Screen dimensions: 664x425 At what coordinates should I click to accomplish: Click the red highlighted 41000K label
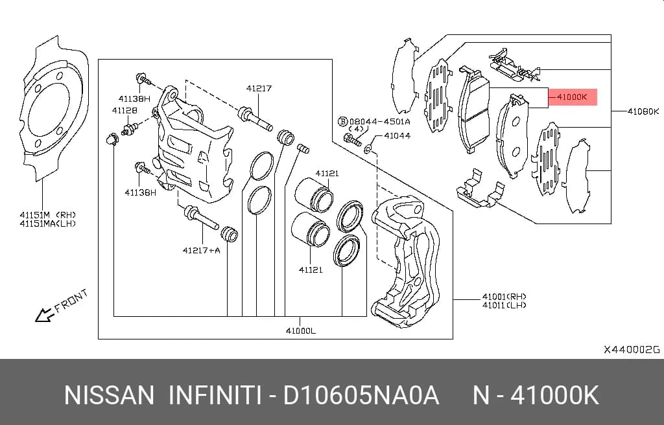(x=573, y=97)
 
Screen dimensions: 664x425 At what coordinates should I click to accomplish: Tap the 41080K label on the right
(x=643, y=111)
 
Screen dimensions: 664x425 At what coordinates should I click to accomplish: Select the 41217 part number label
(x=259, y=89)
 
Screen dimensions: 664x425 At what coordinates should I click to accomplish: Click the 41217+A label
(x=201, y=250)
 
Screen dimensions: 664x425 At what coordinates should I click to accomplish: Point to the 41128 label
(x=124, y=111)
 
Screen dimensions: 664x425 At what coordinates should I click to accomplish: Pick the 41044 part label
(x=397, y=136)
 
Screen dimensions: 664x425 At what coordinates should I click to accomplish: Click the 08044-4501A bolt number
(x=379, y=122)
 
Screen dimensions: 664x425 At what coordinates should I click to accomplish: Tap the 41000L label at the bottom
(x=301, y=330)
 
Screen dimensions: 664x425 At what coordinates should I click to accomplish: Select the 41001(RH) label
(x=504, y=297)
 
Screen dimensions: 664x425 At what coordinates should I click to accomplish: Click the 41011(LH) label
(x=504, y=304)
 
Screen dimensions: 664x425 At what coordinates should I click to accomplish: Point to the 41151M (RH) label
(x=47, y=215)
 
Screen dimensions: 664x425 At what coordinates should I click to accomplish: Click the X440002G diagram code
(x=632, y=350)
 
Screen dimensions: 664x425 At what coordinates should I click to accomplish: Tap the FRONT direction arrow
(x=43, y=315)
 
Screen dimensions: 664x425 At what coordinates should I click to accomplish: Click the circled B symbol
(x=342, y=122)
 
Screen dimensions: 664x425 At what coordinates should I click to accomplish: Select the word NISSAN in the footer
(x=109, y=395)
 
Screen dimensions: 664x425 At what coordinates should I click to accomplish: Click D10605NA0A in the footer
(x=361, y=395)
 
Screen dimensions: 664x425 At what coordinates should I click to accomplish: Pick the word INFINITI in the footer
(x=215, y=395)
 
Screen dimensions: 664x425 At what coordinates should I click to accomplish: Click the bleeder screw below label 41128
(x=130, y=129)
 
